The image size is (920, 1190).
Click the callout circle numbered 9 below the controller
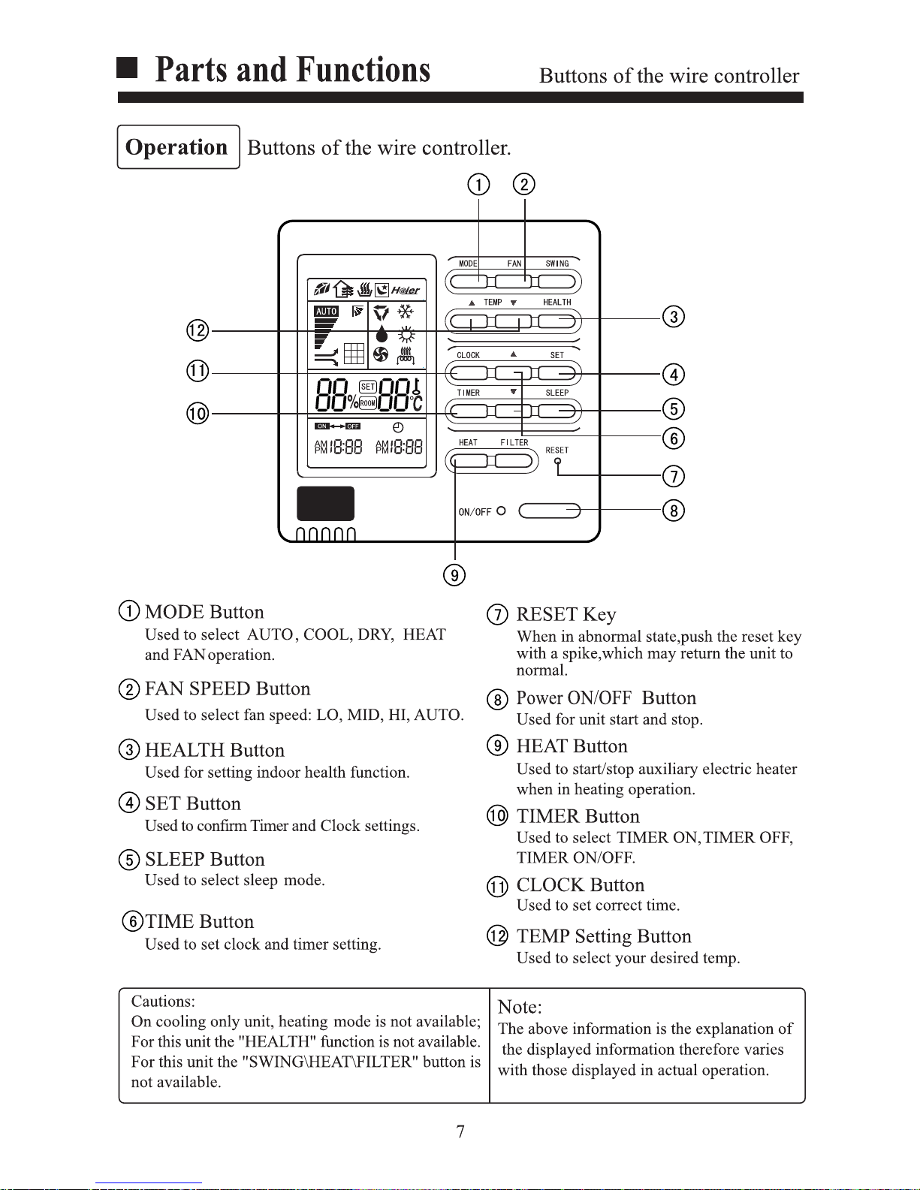click(454, 575)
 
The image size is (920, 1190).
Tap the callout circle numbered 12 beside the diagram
click(198, 330)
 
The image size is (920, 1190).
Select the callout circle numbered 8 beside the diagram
click(674, 511)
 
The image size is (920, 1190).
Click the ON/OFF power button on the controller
click(549, 511)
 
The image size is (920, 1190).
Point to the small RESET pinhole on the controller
click(557, 461)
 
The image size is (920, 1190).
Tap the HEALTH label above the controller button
click(557, 302)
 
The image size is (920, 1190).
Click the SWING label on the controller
click(557, 264)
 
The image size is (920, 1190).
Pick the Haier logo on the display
click(406, 291)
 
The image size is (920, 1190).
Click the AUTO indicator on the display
click(327, 311)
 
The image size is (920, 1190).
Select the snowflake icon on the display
click(406, 312)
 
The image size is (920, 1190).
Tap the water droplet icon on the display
click(382, 333)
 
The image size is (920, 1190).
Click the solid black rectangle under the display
click(325, 503)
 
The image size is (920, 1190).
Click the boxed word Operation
click(176, 147)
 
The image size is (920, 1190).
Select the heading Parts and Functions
click(292, 70)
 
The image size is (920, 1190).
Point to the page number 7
click(460, 1131)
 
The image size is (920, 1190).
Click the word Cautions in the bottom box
click(163, 1001)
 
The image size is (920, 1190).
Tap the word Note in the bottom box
click(519, 1007)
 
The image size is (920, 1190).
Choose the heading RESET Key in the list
click(566, 614)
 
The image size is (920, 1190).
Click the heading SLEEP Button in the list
click(205, 859)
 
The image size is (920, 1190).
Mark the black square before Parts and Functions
click(127, 68)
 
